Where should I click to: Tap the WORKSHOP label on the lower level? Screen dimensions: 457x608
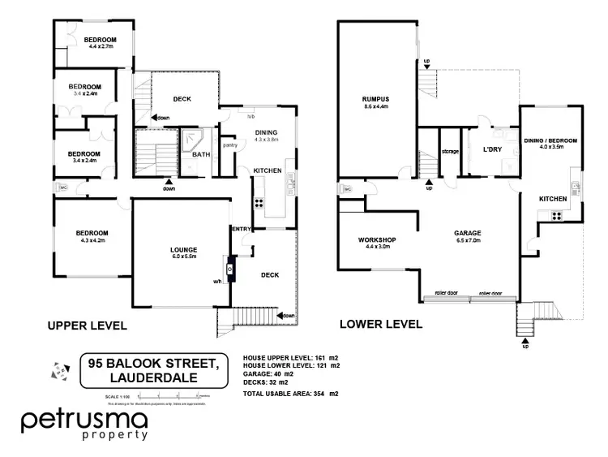coord(376,239)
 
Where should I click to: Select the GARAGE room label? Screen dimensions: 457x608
coord(468,233)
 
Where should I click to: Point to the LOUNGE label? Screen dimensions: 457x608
coord(184,249)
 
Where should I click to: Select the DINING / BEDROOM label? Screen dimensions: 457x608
coord(550,140)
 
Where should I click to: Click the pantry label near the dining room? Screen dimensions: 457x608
coord(229,145)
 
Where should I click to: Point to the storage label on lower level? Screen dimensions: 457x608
coord(450,151)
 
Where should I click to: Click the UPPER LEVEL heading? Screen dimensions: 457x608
coord(87,326)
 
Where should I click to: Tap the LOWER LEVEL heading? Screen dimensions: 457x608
coord(381,325)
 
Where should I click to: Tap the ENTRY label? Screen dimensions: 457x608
coord(242,229)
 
